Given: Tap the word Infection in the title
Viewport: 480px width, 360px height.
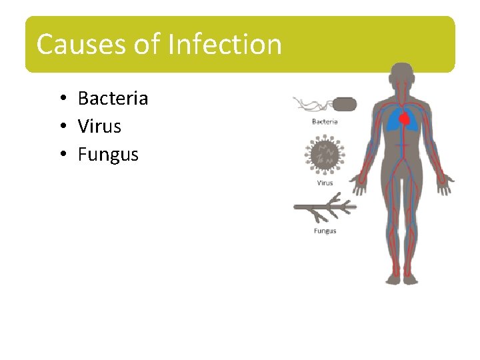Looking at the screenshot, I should pyautogui.click(x=225, y=45).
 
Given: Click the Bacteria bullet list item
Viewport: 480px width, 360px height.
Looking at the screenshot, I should pyautogui.click(x=113, y=99).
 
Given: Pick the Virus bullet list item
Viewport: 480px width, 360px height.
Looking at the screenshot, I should pyautogui.click(x=99, y=126).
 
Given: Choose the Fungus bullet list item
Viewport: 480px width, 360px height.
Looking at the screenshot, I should pyautogui.click(x=108, y=155).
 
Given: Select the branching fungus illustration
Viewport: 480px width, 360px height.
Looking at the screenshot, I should pyautogui.click(x=325, y=208).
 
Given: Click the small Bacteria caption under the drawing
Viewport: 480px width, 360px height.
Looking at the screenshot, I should pyautogui.click(x=325, y=121).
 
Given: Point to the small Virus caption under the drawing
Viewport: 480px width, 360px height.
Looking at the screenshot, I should pyautogui.click(x=325, y=183).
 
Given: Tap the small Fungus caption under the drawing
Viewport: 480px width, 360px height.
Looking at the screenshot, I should pyautogui.click(x=325, y=231).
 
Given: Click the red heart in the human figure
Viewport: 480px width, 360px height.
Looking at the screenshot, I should pyautogui.click(x=404, y=119).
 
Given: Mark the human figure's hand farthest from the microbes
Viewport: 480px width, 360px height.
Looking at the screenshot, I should pyautogui.click(x=445, y=184).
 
